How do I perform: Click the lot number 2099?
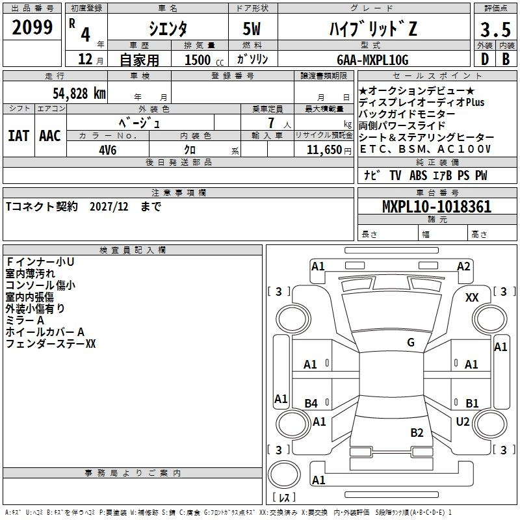(32, 27)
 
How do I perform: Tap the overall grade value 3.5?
(495, 29)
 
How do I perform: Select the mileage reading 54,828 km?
(79, 94)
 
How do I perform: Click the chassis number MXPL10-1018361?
(437, 207)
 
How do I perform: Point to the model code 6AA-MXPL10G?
(372, 60)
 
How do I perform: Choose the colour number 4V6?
(108, 150)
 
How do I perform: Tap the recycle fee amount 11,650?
(324, 150)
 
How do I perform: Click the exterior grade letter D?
(485, 59)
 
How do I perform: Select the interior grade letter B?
(506, 59)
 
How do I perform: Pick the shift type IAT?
(19, 136)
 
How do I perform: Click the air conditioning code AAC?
(50, 136)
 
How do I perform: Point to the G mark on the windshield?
(411, 342)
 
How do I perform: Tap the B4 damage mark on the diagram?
(311, 403)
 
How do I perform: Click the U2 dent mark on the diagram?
(463, 421)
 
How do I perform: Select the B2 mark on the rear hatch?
(417, 432)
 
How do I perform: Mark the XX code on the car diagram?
(472, 298)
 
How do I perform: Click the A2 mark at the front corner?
(463, 266)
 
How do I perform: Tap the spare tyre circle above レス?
(284, 474)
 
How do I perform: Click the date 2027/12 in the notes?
(109, 207)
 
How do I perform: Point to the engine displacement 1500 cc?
(204, 60)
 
